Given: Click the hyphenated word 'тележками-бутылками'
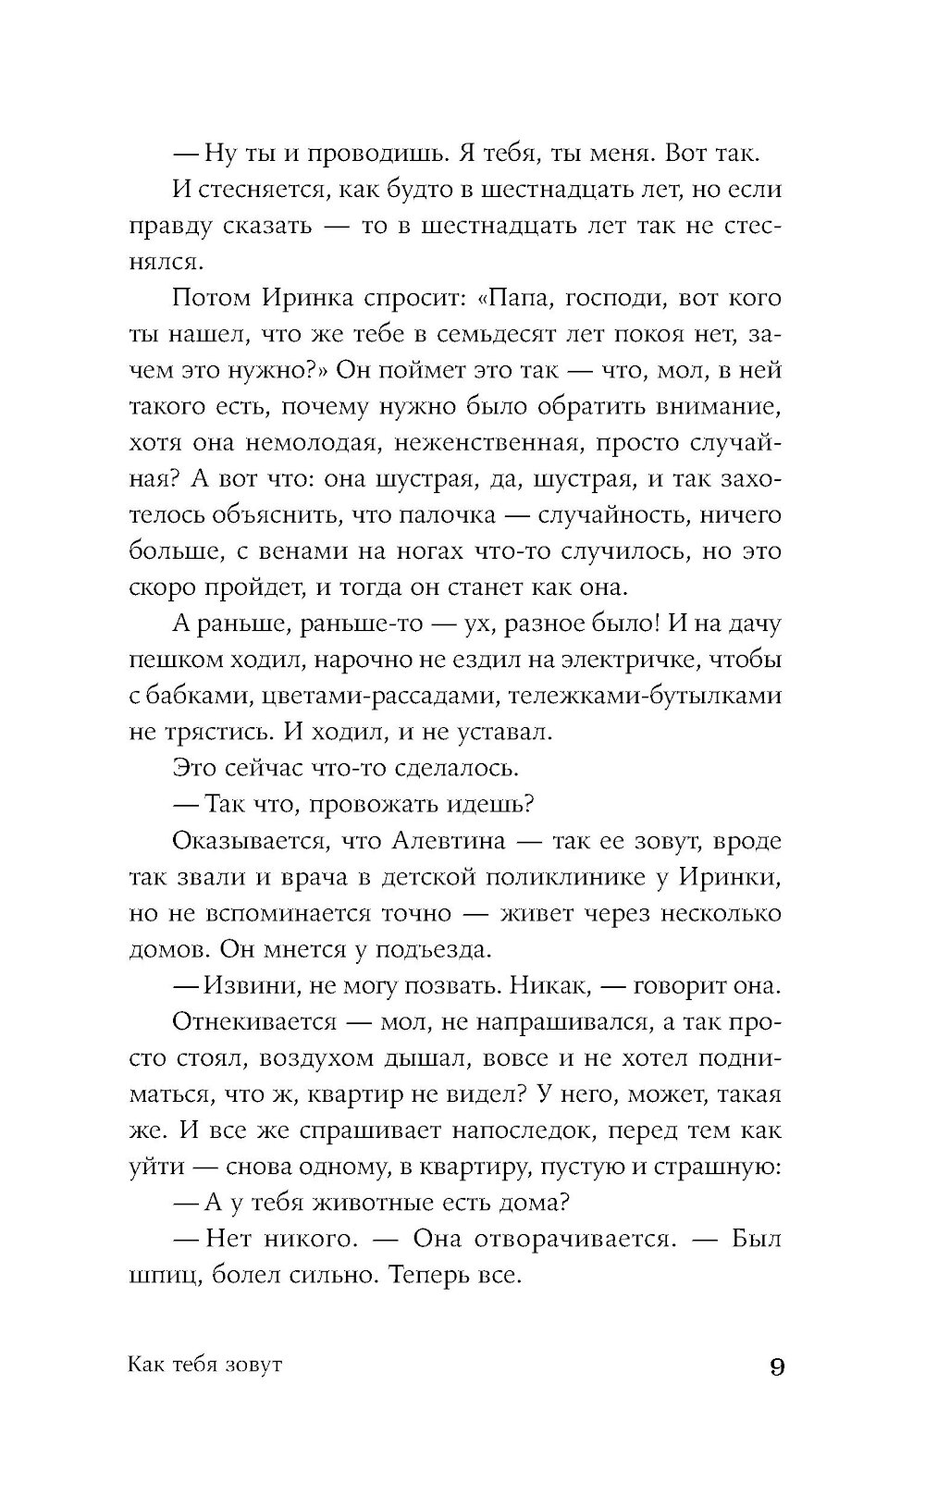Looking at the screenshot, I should (637, 696).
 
